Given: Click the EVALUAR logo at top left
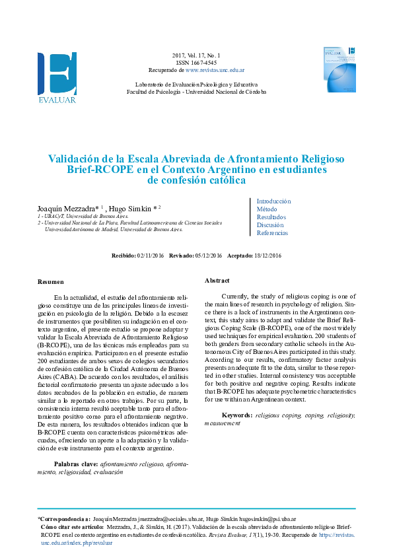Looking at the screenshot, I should [x=57, y=77].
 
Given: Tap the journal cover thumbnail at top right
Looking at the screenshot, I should [x=339, y=69].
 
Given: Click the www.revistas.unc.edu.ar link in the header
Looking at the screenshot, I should [x=215, y=69].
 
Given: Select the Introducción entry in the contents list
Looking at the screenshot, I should [x=273, y=201].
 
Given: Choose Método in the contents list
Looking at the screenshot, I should [x=267, y=209].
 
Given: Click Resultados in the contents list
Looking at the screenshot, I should [x=271, y=217].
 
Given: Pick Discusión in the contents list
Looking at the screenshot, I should [x=270, y=225].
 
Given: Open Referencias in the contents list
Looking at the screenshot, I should [x=272, y=232].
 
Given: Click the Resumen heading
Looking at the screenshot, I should [x=51, y=281].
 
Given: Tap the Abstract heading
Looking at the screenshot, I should [x=217, y=280].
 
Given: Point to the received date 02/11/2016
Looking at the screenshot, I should [x=150, y=254].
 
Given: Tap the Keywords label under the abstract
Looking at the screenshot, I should [x=237, y=414].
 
